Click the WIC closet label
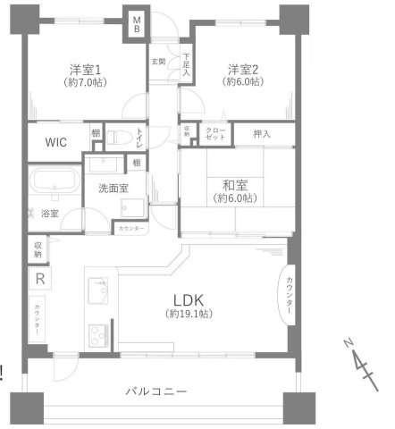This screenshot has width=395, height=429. [55, 140]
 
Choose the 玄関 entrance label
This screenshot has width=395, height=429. [158, 61]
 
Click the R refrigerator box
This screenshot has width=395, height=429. [40, 278]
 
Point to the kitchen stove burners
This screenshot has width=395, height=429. [96, 337]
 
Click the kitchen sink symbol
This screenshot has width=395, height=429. [98, 292]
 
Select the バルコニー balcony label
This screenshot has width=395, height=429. [155, 391]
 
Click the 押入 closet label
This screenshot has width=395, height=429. [262, 134]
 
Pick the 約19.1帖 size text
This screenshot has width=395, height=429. [188, 315]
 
